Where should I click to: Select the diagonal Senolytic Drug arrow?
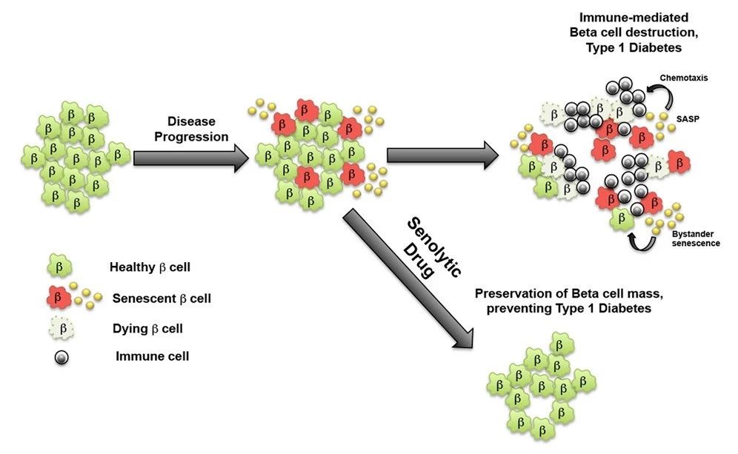point(404,281)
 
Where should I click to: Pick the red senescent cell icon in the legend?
point(59,297)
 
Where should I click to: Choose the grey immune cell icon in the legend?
point(62,356)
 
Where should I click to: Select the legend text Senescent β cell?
point(162,298)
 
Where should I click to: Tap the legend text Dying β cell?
point(148,327)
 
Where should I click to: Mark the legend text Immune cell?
point(152,356)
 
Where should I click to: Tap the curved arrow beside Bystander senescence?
point(640,241)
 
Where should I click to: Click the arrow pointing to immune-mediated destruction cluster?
point(442,156)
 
